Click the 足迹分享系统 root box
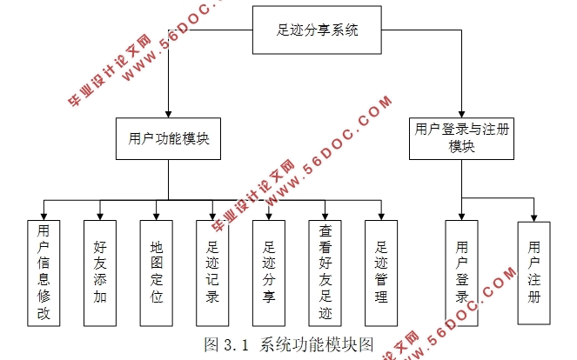(318, 30)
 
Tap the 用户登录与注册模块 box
(461, 137)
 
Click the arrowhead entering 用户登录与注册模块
(461, 113)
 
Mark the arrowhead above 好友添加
(99, 213)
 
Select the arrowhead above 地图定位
(157, 213)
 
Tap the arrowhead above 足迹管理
(380, 213)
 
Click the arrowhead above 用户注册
(533, 213)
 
